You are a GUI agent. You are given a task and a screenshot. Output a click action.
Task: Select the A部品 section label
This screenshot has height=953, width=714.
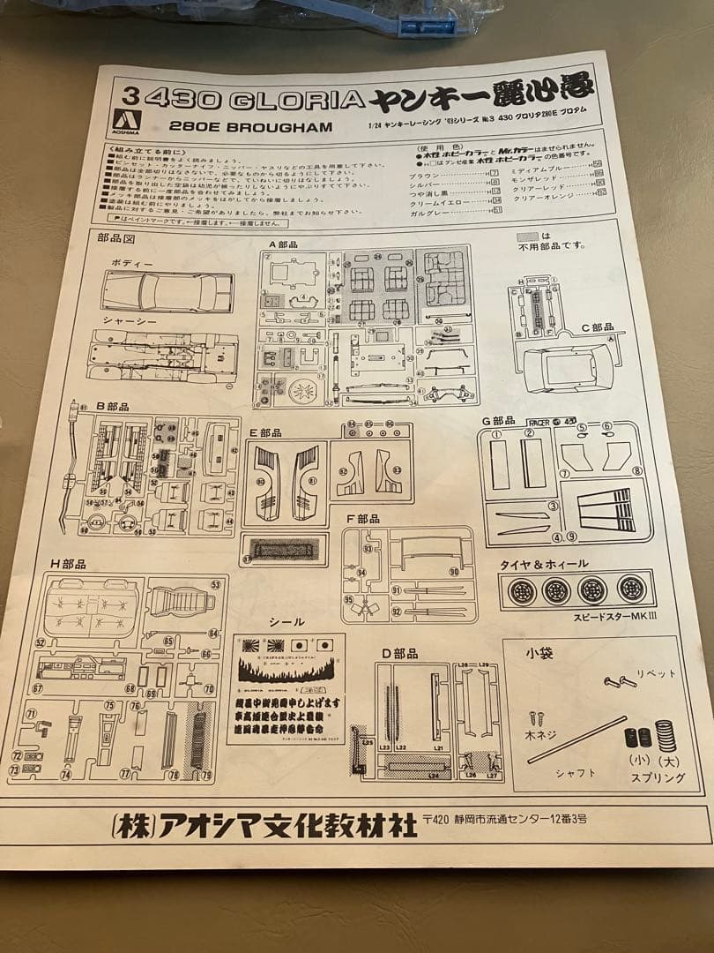pos(285,243)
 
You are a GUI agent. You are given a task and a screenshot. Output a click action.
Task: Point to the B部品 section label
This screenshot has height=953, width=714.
pos(113,406)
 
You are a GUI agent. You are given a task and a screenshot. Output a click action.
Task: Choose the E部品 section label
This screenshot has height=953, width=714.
pos(265,432)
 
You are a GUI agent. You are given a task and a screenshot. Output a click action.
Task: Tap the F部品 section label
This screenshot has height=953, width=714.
pos(362,518)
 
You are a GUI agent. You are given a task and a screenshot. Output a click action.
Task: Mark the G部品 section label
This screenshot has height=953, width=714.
pos(499,421)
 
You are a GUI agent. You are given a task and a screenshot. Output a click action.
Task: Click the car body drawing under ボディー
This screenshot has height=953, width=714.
pos(167,292)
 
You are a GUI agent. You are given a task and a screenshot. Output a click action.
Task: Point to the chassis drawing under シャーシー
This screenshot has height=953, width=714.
pos(162,356)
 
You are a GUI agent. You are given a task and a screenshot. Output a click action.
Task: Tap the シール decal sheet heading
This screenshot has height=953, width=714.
pos(286,621)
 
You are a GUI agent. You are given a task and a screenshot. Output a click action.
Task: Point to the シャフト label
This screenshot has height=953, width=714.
pos(576,772)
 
